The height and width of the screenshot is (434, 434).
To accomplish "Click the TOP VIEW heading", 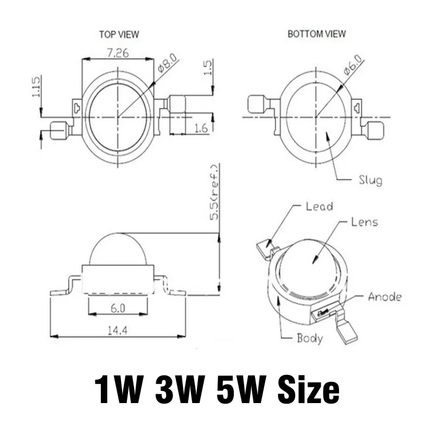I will coord(119,34).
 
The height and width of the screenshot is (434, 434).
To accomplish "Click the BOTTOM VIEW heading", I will coord(316,34).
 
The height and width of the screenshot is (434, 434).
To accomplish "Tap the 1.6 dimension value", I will coord(201,128).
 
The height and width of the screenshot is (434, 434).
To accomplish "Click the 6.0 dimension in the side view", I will coord(118,308).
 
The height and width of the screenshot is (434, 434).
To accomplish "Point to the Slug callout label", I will coord(370,180).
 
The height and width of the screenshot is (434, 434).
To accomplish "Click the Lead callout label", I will coord(319,206).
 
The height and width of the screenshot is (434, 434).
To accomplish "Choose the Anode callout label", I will coord(385,297).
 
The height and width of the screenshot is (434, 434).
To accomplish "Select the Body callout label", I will coord(309,339).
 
